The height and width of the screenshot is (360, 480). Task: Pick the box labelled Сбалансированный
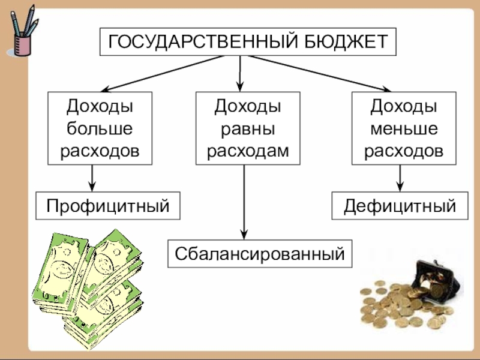tap(260, 253)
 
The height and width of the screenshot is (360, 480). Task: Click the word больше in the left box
tap(100, 128)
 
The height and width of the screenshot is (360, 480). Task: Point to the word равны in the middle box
tap(248, 128)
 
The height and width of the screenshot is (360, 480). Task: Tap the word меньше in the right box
tap(403, 128)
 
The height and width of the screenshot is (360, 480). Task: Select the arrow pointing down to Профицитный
tap(92, 178)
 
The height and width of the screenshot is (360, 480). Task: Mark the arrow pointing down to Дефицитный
tap(400, 178)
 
